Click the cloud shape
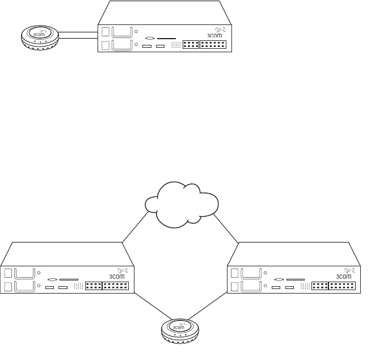pyautogui.click(x=182, y=204)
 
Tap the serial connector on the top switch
pyautogui.click(x=150, y=39)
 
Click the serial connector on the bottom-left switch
pyautogui.click(x=53, y=279)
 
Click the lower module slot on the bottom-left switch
pyautogui.click(x=24, y=286)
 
